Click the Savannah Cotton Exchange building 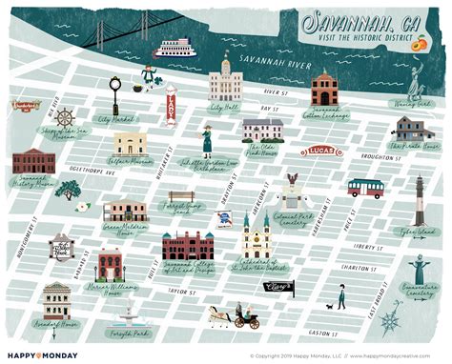pos(323,89)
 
